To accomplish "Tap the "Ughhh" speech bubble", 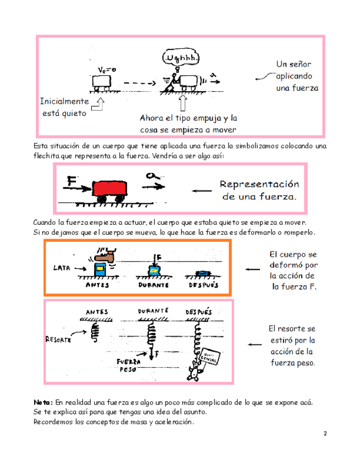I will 182,58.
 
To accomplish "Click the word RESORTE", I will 57,339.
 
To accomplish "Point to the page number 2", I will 325,434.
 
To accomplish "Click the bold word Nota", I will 44,402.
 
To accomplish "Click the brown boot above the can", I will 103,256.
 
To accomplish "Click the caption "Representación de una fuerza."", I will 258,190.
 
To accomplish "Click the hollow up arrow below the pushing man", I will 182,104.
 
